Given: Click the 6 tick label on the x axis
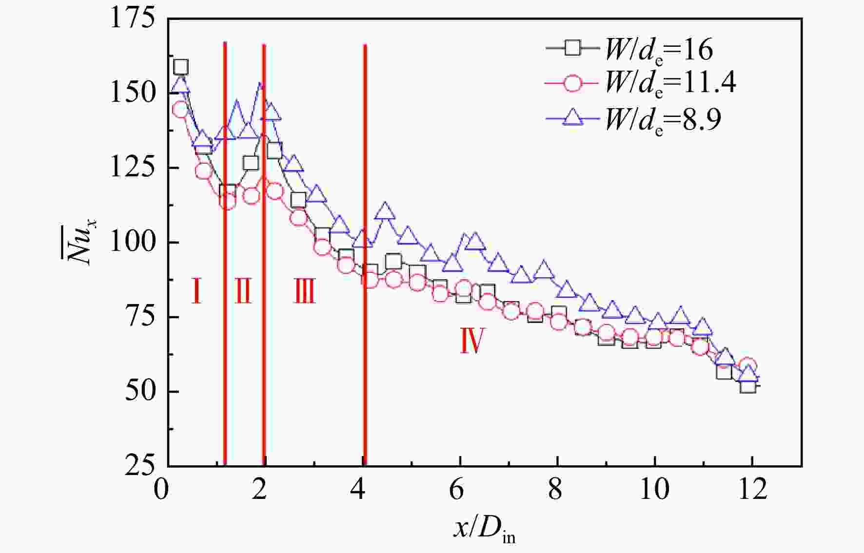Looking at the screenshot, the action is [x=456, y=489].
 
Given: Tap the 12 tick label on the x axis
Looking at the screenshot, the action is [x=753, y=489].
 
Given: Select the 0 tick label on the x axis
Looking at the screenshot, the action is [x=161, y=489].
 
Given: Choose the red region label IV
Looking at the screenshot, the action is [x=471, y=341].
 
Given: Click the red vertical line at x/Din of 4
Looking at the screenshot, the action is [x=365, y=255].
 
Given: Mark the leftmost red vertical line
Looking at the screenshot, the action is [x=225, y=254].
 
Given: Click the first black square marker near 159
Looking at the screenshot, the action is [x=181, y=67].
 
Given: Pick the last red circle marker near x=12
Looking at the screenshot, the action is [x=748, y=365].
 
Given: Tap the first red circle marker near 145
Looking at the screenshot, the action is [x=180, y=110].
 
